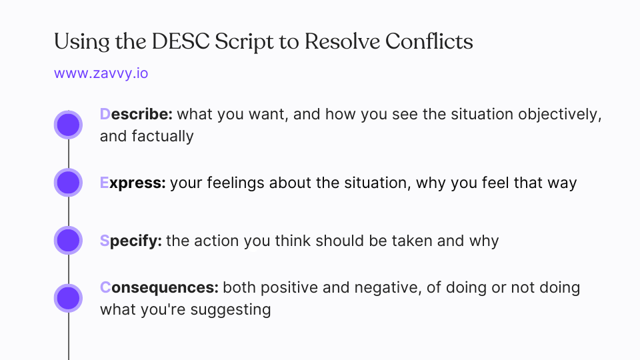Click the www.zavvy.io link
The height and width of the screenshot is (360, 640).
click(x=101, y=73)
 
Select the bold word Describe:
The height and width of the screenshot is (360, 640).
click(x=136, y=115)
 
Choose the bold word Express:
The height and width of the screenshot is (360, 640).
click(x=133, y=183)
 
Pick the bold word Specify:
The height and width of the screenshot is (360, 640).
click(x=131, y=241)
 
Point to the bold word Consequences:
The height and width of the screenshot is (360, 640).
click(x=159, y=288)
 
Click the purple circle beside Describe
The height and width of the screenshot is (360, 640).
click(x=68, y=125)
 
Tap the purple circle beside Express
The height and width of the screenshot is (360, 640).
click(x=68, y=183)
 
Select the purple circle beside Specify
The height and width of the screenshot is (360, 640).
click(x=68, y=241)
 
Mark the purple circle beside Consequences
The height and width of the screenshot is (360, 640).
click(x=68, y=298)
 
